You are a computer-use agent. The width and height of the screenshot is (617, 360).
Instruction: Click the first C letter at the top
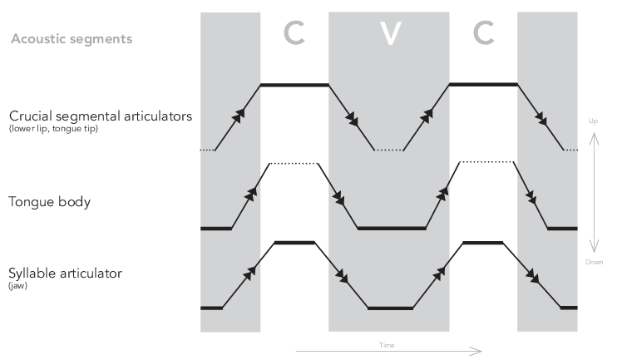(294, 33)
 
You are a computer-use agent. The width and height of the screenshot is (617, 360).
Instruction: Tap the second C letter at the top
(483, 33)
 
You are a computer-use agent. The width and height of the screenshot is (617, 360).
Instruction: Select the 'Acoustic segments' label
(72, 39)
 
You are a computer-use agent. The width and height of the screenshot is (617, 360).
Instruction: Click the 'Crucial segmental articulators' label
(101, 116)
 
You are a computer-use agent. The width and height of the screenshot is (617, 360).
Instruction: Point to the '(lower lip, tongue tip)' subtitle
(53, 129)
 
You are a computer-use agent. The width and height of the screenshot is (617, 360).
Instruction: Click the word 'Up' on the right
(593, 121)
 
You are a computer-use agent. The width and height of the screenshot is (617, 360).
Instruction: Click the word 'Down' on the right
(593, 262)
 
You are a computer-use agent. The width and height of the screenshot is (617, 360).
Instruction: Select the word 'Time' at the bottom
(387, 343)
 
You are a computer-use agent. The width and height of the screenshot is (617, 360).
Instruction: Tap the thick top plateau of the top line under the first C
(294, 84)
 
